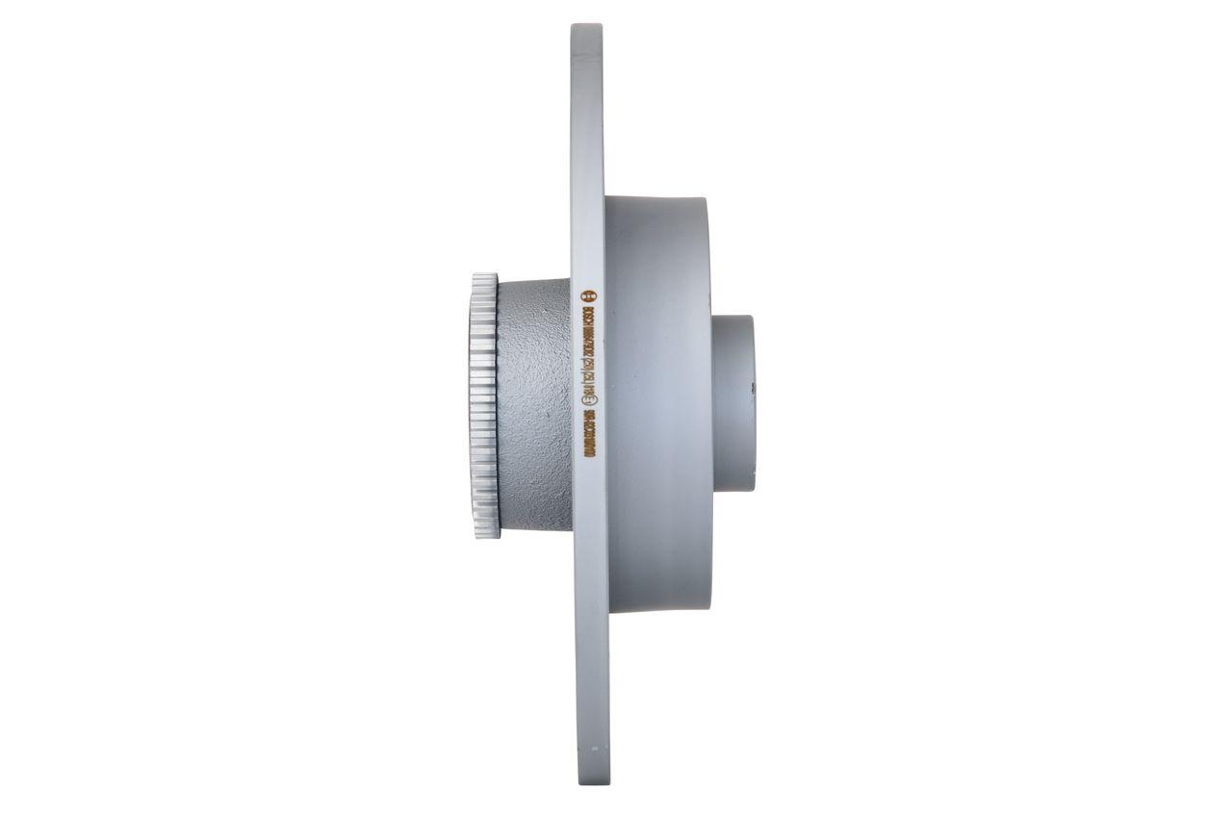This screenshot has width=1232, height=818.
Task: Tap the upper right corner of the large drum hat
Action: tap(706, 200)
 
